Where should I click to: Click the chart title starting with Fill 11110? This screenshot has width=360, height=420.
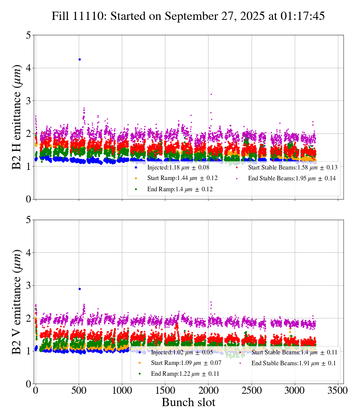(188, 16)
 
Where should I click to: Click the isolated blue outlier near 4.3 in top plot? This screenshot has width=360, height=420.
(79, 59)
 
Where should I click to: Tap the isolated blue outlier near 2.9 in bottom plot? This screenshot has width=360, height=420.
(79, 289)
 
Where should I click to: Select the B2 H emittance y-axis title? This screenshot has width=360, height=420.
(17, 117)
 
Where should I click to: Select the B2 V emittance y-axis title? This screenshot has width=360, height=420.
(17, 301)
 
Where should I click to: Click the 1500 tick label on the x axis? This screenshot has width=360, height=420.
(165, 391)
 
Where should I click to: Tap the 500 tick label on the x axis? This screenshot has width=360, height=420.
(79, 391)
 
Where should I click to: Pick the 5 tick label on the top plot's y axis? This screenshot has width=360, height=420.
(28, 35)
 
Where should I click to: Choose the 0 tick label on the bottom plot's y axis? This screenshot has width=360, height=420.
(28, 384)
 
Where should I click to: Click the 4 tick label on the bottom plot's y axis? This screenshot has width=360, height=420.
(28, 253)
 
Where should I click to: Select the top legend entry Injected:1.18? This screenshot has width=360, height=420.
(178, 167)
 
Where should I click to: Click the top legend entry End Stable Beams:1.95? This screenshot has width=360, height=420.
(291, 178)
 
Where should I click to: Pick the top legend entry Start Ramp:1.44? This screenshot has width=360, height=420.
(182, 178)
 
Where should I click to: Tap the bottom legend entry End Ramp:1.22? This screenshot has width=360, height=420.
(185, 374)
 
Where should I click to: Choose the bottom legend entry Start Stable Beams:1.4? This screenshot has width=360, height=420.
(294, 352)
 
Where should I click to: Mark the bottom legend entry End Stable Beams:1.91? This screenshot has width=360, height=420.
(293, 363)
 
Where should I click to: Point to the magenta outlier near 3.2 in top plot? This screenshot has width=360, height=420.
(211, 94)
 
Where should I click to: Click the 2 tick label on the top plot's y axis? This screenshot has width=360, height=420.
(28, 133)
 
